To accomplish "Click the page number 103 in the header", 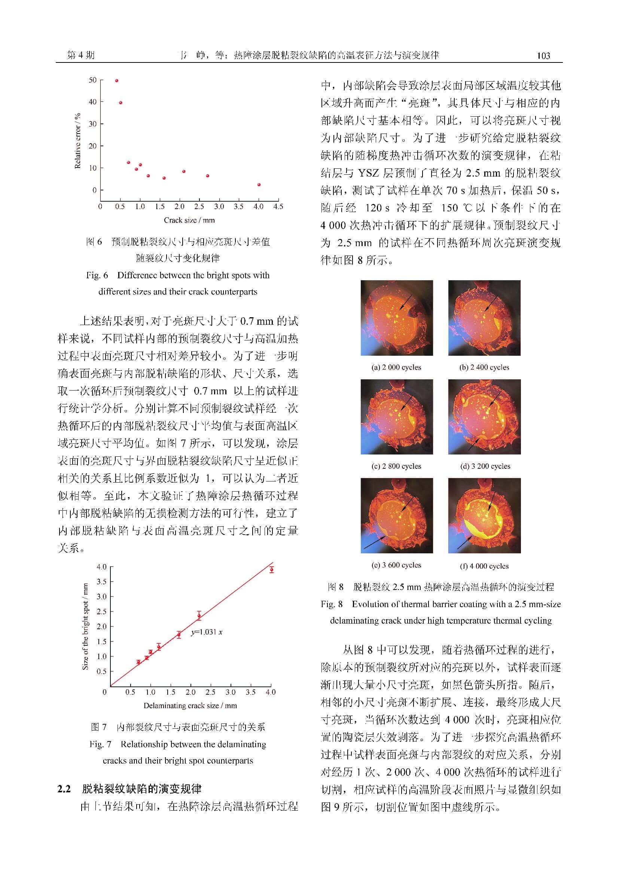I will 543,56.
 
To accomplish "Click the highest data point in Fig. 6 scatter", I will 117,81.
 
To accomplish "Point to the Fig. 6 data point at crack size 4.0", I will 259,185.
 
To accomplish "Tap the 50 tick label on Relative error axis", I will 92,80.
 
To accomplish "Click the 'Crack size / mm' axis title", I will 189,220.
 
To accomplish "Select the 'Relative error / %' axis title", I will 78,141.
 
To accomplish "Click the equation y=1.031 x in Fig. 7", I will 207,632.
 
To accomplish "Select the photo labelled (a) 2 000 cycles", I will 396,318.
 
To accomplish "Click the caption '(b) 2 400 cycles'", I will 484,367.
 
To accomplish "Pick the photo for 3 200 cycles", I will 484,416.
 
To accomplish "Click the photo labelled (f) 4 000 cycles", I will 484,515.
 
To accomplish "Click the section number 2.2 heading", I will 64,789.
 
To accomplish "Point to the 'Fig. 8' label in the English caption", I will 331,604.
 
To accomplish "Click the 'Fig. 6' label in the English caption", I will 97,275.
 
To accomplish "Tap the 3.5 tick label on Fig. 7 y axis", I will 101,582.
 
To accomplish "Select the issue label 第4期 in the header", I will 80,55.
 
